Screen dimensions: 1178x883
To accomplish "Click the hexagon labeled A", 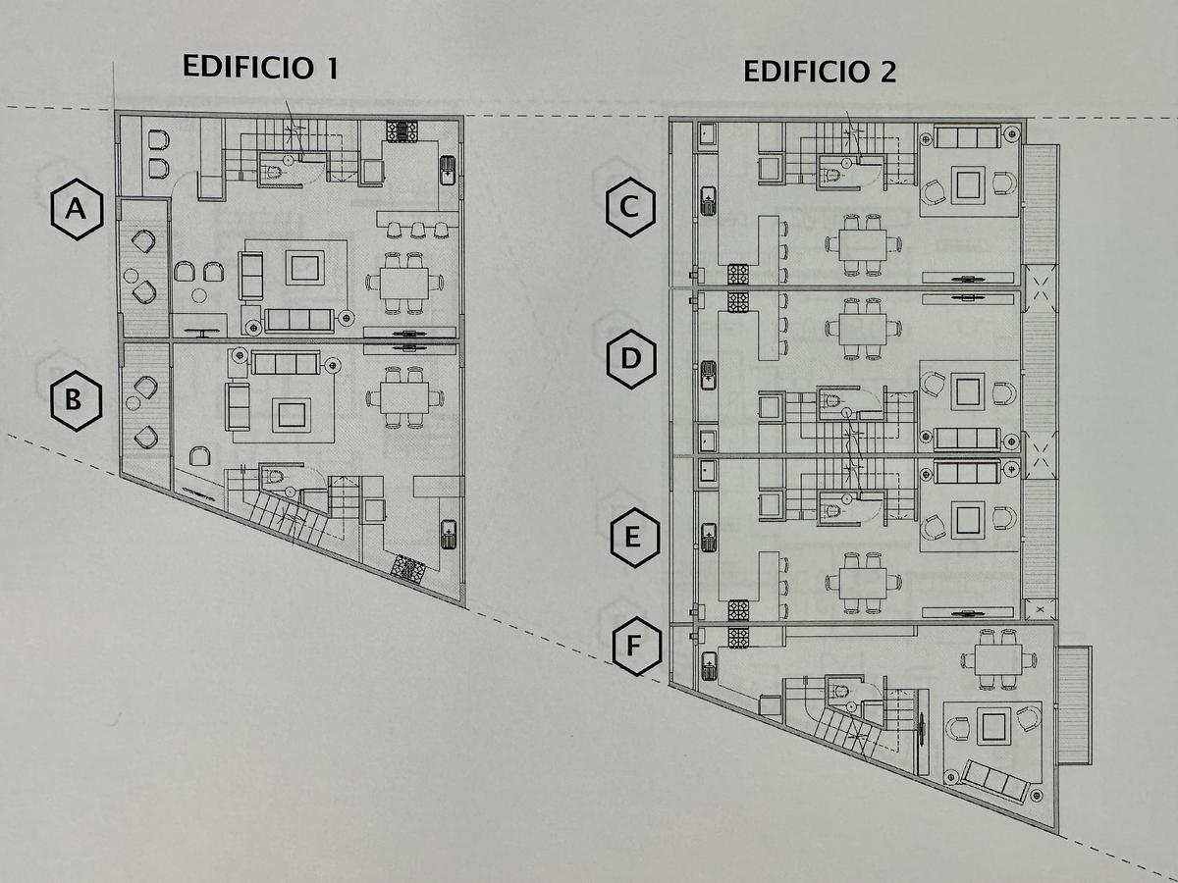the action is (77, 209).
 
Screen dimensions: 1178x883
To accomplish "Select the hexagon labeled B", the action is (76, 400).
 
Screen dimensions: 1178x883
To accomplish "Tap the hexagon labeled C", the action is (630, 207).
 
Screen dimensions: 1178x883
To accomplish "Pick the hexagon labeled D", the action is (631, 359).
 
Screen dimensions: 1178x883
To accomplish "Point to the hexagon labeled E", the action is (634, 538).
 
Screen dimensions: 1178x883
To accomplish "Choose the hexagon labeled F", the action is (636, 646).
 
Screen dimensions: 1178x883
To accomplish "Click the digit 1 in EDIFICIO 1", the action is (333, 68).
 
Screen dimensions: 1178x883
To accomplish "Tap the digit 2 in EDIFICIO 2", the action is (887, 72).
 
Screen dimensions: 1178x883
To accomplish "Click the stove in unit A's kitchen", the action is (402, 131).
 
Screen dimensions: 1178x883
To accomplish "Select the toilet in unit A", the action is (274, 172).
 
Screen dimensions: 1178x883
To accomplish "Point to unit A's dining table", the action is (404, 284).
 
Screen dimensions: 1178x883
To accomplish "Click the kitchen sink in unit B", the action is (449, 535).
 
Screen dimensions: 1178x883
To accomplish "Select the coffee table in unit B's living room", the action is (292, 414).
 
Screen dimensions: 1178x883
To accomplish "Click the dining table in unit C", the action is (863, 244).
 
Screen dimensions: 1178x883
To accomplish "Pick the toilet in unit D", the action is (831, 400).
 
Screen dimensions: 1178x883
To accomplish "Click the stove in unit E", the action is (738, 609).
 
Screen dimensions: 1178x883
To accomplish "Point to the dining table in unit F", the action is (998, 660).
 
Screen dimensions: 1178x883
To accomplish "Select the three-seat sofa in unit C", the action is (967, 137).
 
